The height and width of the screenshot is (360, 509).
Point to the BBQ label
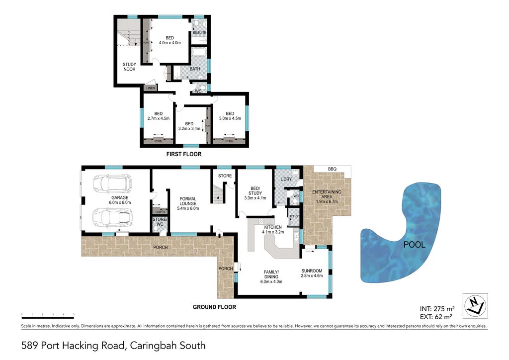pyautogui.click(x=332, y=170)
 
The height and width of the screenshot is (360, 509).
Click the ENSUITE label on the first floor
pyautogui.click(x=200, y=33)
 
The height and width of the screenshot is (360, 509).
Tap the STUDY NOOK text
pyautogui.click(x=129, y=67)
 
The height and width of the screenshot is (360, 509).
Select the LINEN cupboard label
pyautogui.click(x=150, y=88)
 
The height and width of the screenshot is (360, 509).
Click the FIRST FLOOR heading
pyautogui.click(x=183, y=155)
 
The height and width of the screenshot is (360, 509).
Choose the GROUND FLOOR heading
pyautogui.click(x=214, y=307)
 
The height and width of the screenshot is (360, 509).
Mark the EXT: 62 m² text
pyautogui.click(x=435, y=316)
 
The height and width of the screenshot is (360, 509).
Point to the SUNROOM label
pyautogui.click(x=312, y=271)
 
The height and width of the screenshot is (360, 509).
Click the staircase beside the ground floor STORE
pyautogui.click(x=218, y=193)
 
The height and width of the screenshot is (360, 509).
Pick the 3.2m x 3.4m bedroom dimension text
pyautogui.click(x=189, y=129)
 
